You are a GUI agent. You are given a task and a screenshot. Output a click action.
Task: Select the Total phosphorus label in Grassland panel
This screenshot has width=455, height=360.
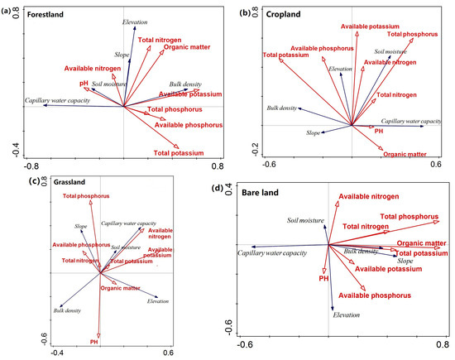pos(86,196)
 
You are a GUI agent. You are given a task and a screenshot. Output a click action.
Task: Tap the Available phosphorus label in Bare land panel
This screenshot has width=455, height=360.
pos(376,295)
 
